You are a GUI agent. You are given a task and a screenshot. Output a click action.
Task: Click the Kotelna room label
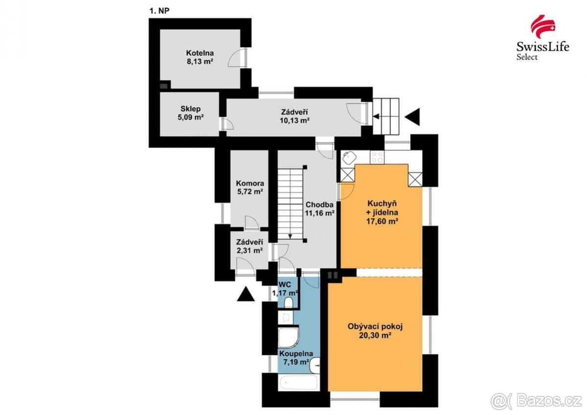pos(200,53)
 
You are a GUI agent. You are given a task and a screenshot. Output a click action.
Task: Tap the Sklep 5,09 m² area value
pos(191,117)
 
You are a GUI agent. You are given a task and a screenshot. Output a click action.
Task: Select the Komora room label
pos(250,183)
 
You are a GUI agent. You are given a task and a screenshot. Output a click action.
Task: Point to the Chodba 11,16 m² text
pos(319,208)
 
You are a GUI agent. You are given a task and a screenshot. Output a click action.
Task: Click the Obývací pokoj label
pos(375,326)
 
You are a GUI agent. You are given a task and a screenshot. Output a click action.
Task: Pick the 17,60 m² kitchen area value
pos(383,221)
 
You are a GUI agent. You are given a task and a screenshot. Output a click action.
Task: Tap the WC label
pos(285,284)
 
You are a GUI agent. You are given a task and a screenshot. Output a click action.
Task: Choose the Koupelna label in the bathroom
pos(296,354)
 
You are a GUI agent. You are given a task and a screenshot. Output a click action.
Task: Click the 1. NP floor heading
pos(159,11)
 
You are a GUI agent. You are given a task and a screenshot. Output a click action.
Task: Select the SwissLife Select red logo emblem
pos(542,26)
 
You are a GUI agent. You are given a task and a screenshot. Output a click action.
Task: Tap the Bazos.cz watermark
pos(538,401)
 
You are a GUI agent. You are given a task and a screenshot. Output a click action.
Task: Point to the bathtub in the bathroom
pos(298,383)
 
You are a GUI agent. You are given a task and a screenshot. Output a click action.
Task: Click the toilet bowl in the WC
pos(289,302)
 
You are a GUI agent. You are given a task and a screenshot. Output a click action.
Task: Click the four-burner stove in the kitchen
pos(377,157)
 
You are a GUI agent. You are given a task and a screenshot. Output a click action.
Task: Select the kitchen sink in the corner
pos(349,158)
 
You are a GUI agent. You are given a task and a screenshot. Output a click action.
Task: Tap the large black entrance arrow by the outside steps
pos(412,116)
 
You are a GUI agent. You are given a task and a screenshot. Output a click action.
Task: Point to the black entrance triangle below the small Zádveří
pos(246,294)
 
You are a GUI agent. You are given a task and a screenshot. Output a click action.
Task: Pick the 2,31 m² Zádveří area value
pos(249,251)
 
